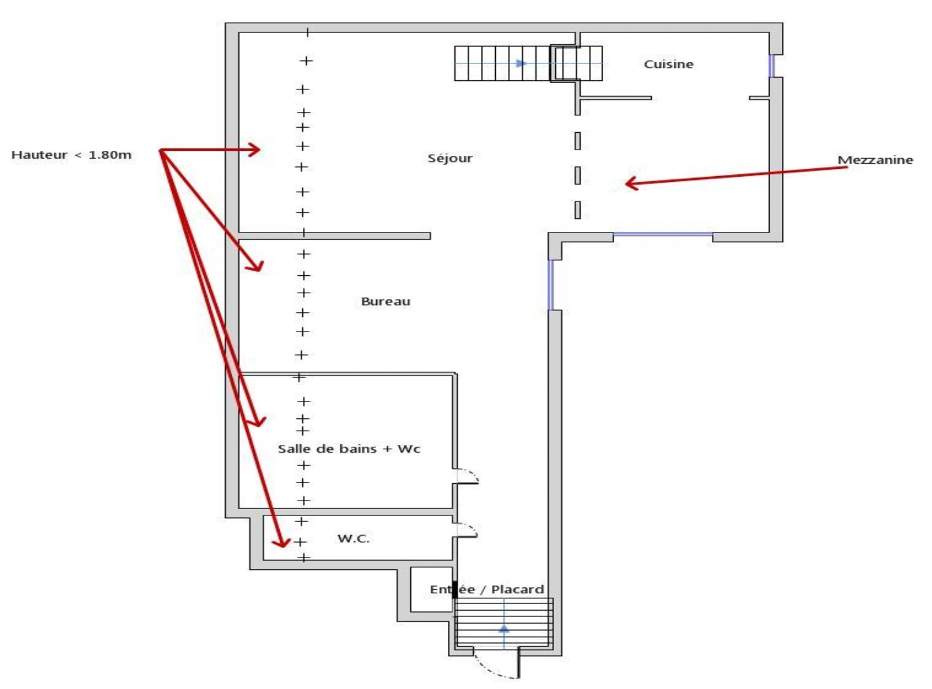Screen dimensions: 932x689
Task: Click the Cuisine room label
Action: click(668, 64)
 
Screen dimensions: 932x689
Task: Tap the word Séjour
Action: click(450, 158)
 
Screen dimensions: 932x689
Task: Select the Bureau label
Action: click(385, 301)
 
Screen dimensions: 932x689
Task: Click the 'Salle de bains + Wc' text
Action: click(349, 449)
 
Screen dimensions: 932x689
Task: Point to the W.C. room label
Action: click(353, 539)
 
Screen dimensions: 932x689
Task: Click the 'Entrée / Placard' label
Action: click(487, 589)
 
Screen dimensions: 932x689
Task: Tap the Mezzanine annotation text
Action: click(875, 160)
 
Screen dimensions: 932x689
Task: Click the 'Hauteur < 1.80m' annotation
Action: click(71, 155)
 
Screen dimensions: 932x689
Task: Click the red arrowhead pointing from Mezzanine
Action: click(631, 183)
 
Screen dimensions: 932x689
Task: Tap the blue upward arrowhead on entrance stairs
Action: click(504, 629)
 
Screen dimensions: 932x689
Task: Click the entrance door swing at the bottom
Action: click(492, 669)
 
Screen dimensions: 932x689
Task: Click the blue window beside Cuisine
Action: click(771, 65)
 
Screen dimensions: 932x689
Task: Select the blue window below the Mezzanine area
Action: click(663, 234)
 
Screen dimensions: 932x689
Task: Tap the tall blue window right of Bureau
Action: click(550, 285)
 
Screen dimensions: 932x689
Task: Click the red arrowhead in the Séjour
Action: click(254, 149)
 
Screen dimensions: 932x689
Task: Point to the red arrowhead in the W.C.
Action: click(281, 543)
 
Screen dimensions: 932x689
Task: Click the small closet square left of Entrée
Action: click(431, 589)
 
